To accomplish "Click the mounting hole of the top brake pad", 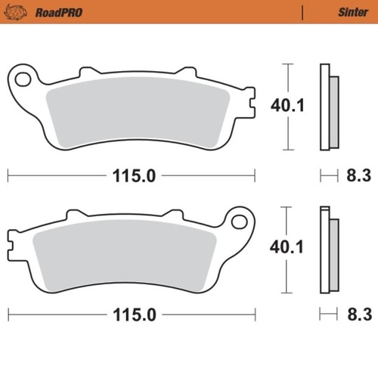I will pyautogui.click(x=23, y=79).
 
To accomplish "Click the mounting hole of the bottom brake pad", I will pyautogui.click(x=240, y=222).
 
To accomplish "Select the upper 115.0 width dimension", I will pyautogui.click(x=135, y=175).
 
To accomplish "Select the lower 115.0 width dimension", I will pyautogui.click(x=135, y=313).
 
